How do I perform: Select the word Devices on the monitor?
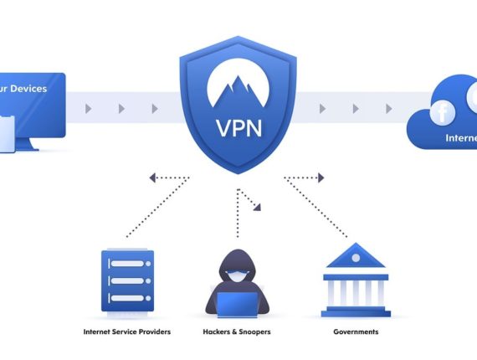tap(28, 88)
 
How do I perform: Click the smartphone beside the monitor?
tap(7, 134)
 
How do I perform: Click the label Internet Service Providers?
tap(127, 332)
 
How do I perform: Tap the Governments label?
tap(354, 332)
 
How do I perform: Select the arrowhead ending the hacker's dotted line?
tap(258, 205)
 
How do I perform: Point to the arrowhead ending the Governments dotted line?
tap(320, 177)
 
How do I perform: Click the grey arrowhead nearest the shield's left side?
tap(154, 109)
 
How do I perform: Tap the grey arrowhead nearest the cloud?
tap(387, 109)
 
